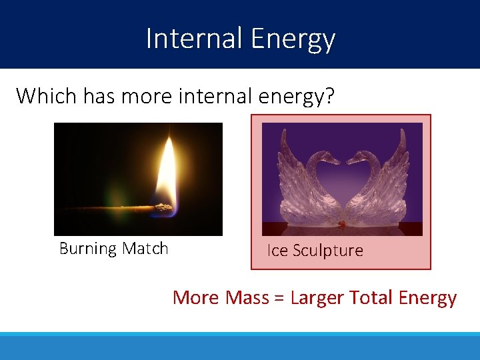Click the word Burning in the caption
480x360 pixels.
pyautogui.click(x=88, y=249)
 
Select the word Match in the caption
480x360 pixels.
pyautogui.click(x=145, y=249)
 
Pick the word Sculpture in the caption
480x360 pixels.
pyautogui.click(x=328, y=251)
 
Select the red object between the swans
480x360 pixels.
pyautogui.click(x=341, y=225)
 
